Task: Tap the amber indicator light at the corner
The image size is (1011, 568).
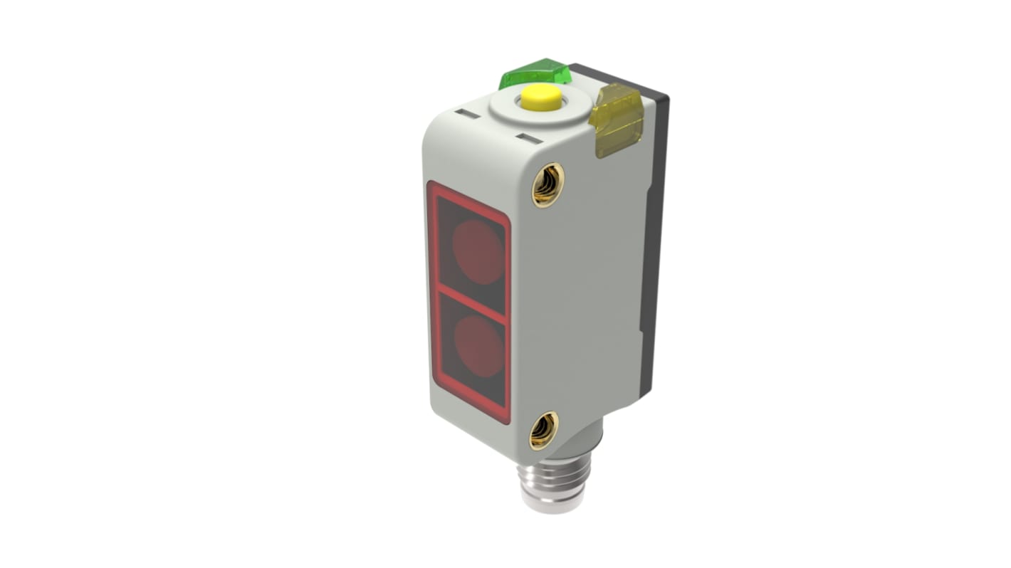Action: [x=617, y=119]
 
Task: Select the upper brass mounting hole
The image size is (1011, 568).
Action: [x=548, y=184]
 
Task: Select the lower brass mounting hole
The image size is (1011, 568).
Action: [x=543, y=430]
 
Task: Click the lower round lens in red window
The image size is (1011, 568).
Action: [x=479, y=346]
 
